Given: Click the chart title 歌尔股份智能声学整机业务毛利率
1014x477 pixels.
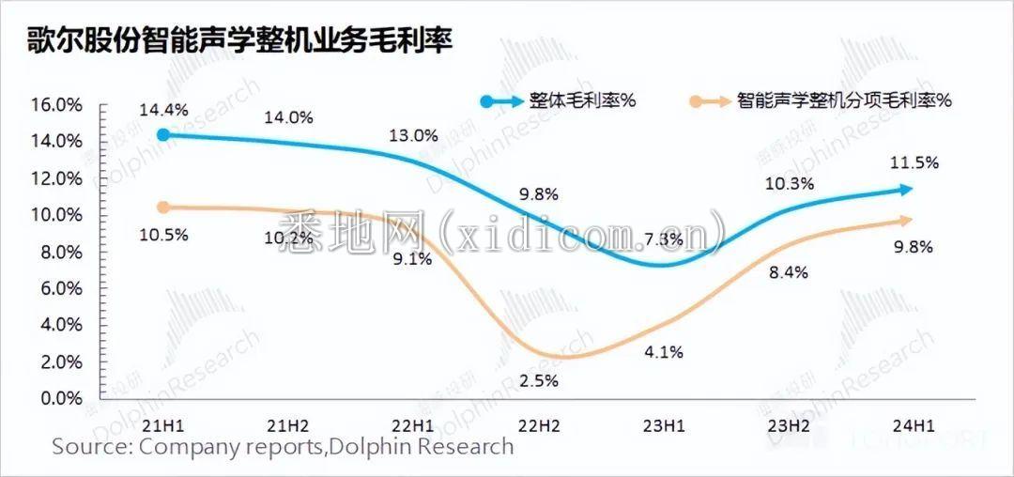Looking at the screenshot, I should [239, 41].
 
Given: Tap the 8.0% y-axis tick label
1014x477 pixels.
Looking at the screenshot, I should [61, 252].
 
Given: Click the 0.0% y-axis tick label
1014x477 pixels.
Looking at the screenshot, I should [61, 398].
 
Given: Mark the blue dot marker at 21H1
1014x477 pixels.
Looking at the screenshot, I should [163, 135].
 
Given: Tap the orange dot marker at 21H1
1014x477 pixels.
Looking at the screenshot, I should [163, 208].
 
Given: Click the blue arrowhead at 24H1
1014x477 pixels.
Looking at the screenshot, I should [907, 190].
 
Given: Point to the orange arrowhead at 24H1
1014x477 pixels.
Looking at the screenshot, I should [907, 221].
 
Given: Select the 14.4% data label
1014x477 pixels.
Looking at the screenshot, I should [163, 110].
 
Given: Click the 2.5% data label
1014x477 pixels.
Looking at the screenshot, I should [539, 381].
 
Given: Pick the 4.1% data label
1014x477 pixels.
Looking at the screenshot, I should [664, 353].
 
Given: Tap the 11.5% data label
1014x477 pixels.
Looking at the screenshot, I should [914, 162].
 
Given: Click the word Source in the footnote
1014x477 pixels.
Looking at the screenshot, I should [88, 446].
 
